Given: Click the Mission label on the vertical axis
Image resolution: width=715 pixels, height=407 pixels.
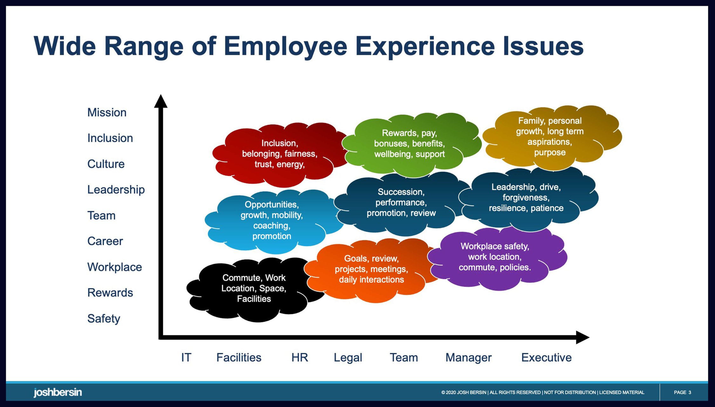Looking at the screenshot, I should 107,113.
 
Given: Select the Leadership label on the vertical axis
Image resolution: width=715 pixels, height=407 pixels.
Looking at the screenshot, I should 116,190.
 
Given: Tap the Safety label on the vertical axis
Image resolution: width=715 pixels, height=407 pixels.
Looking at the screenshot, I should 104,319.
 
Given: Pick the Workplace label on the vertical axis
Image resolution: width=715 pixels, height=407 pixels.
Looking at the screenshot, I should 114,267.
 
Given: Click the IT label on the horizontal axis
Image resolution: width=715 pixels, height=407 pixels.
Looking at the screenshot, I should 186,358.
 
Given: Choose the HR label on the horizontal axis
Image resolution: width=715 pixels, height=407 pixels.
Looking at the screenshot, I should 300,358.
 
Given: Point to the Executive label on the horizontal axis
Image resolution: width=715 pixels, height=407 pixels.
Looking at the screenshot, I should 546,358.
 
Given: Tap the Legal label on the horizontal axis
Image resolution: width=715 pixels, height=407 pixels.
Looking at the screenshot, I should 348,358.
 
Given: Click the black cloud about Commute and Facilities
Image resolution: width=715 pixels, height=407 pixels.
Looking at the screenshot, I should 254,288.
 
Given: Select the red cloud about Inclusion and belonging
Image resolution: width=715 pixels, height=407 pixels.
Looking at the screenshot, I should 279,154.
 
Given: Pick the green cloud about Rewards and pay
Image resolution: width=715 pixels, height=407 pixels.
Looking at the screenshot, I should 409,144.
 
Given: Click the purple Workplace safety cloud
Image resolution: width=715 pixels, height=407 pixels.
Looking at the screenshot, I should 495,257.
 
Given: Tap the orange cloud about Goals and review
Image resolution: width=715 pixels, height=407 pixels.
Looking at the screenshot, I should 371,269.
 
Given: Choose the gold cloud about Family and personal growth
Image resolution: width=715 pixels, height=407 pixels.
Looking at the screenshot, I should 550,137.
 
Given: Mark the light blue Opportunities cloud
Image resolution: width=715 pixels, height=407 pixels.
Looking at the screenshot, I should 272,220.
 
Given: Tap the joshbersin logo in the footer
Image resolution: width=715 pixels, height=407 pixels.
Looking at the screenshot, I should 58,392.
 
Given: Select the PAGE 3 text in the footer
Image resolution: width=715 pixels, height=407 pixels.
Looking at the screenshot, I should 682,392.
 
